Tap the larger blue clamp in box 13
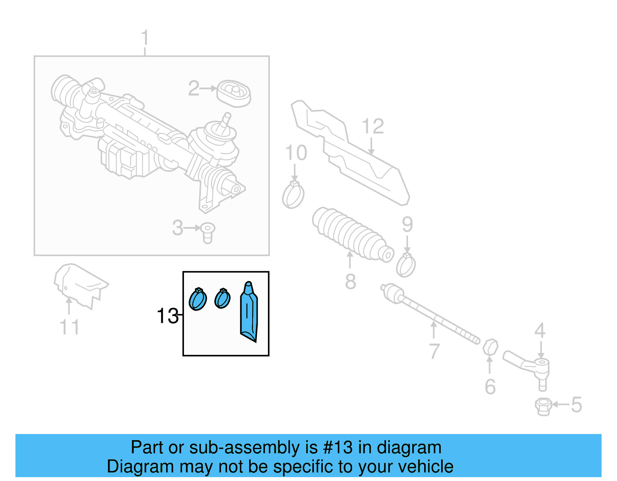point(198,299)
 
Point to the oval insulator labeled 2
point(234,93)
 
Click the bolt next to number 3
point(208,232)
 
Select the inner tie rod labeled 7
point(428,312)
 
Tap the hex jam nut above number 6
point(490,347)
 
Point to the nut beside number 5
point(543,406)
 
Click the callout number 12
point(373,126)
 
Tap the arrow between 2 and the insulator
point(209,89)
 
